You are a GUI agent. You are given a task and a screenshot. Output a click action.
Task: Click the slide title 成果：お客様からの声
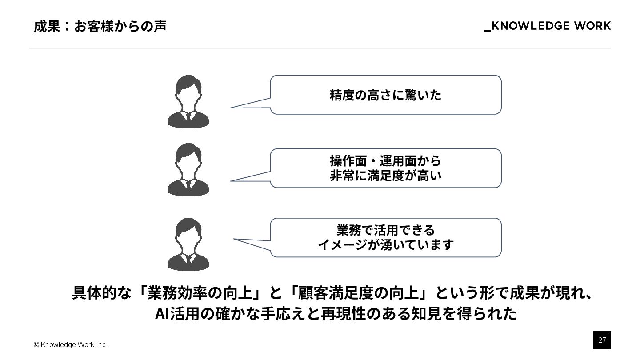coord(100,26)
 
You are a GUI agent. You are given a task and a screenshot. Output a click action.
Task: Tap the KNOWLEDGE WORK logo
coord(547,26)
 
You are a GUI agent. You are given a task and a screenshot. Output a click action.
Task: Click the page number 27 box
coord(602,340)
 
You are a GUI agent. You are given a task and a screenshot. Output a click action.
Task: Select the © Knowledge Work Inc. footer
coord(70,345)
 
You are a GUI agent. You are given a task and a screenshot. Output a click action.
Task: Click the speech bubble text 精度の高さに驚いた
coord(385,95)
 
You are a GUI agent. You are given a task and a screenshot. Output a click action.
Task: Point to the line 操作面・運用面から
coord(385,160)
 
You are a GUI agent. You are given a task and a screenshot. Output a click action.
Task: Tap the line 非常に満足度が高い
coord(385,176)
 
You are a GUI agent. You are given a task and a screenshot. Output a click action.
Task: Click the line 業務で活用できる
coord(385,230)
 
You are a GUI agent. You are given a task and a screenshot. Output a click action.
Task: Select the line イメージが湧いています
coord(385,245)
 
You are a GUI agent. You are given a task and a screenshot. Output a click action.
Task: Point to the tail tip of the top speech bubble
coord(231,108)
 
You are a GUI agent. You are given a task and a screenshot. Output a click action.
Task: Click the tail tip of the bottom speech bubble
coord(235,239)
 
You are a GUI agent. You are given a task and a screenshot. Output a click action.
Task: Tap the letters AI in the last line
coord(160,314)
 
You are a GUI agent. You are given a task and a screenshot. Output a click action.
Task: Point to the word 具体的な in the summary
coord(102,293)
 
